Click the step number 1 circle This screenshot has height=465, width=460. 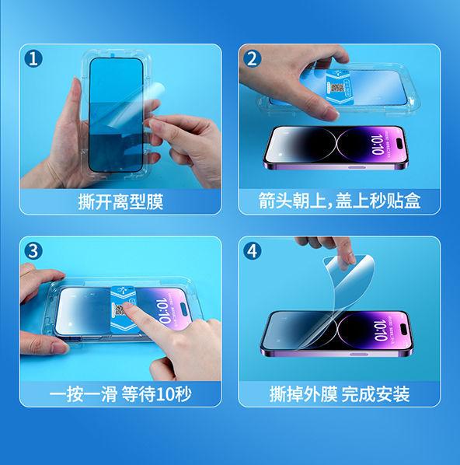[x=33, y=58]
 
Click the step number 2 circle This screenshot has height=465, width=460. [x=252, y=58]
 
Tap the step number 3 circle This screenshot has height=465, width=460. [x=33, y=251]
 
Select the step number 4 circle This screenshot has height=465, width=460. [x=252, y=251]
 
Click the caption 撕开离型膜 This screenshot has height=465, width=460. [x=120, y=202]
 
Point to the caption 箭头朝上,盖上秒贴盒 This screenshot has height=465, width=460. [x=340, y=201]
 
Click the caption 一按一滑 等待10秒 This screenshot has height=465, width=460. [x=120, y=394]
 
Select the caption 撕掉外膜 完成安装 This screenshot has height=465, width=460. [x=340, y=394]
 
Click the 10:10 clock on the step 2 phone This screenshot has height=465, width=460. [x=378, y=145]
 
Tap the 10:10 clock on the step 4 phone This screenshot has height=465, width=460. [x=380, y=330]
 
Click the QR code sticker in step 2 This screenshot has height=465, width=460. [x=337, y=88]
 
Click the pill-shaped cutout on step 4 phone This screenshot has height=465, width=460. [x=403, y=330]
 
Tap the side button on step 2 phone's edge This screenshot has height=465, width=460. [x=357, y=167]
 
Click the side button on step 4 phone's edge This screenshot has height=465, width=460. [x=359, y=354]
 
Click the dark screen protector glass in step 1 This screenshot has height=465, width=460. [x=116, y=114]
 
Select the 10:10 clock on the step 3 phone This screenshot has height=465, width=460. [x=163, y=310]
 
